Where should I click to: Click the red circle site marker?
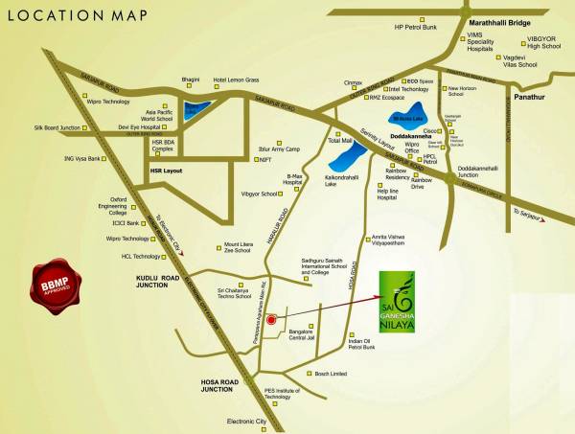click(x=271, y=320)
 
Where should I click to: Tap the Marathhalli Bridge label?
click(x=499, y=22)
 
